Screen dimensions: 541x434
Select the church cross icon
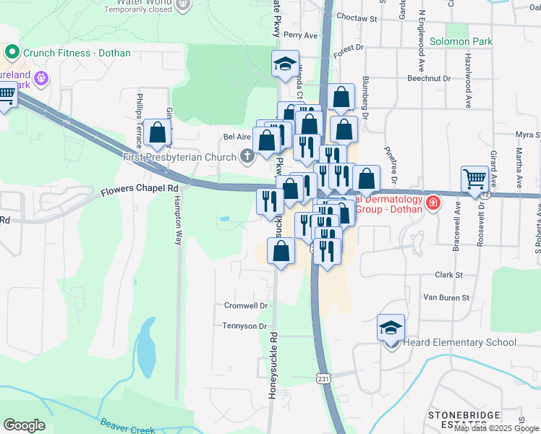coord(247,156)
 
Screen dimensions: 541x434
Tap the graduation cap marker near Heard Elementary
coord(391,328)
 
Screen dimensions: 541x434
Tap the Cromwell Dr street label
coord(246,306)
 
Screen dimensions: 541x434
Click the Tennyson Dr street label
coord(245,326)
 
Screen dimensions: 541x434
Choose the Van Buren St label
coord(446,297)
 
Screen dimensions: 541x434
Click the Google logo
coord(24,425)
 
